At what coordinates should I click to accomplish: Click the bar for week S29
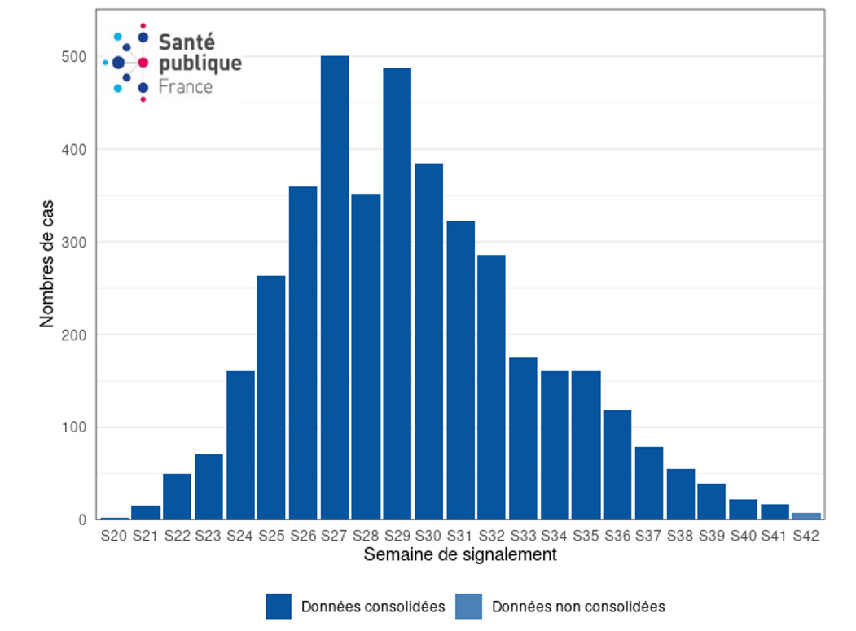tap(397, 293)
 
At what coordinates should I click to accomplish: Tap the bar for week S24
tap(240, 445)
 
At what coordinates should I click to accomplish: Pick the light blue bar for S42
tap(806, 516)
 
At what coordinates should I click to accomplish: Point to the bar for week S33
tap(523, 438)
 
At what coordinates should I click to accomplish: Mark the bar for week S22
tap(177, 497)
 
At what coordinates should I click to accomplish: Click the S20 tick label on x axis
tap(114, 536)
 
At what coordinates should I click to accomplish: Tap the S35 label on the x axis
tap(586, 536)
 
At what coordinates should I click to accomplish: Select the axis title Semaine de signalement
tap(460, 555)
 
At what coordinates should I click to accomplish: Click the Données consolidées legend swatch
tap(279, 607)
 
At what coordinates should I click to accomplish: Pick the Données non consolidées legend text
tap(578, 607)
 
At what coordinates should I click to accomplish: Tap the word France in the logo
tap(185, 87)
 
